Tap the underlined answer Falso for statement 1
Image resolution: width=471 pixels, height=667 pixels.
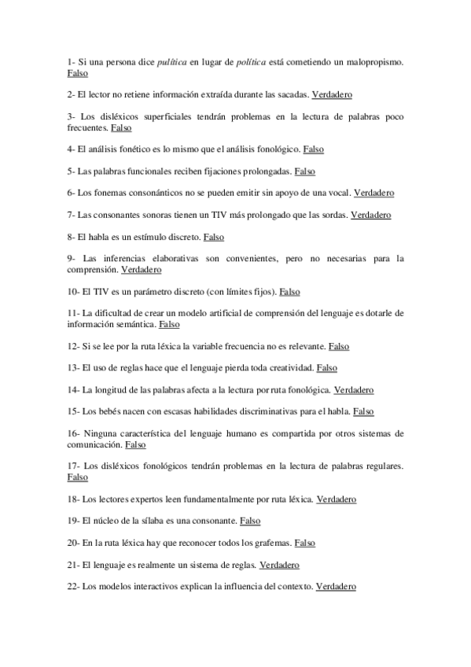78,73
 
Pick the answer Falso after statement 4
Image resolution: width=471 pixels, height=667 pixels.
313,149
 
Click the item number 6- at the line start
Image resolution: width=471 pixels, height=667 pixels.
72,193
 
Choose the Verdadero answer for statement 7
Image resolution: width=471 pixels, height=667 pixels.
370,215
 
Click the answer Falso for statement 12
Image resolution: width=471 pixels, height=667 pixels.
339,345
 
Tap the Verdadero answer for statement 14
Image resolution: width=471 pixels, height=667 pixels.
354,389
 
